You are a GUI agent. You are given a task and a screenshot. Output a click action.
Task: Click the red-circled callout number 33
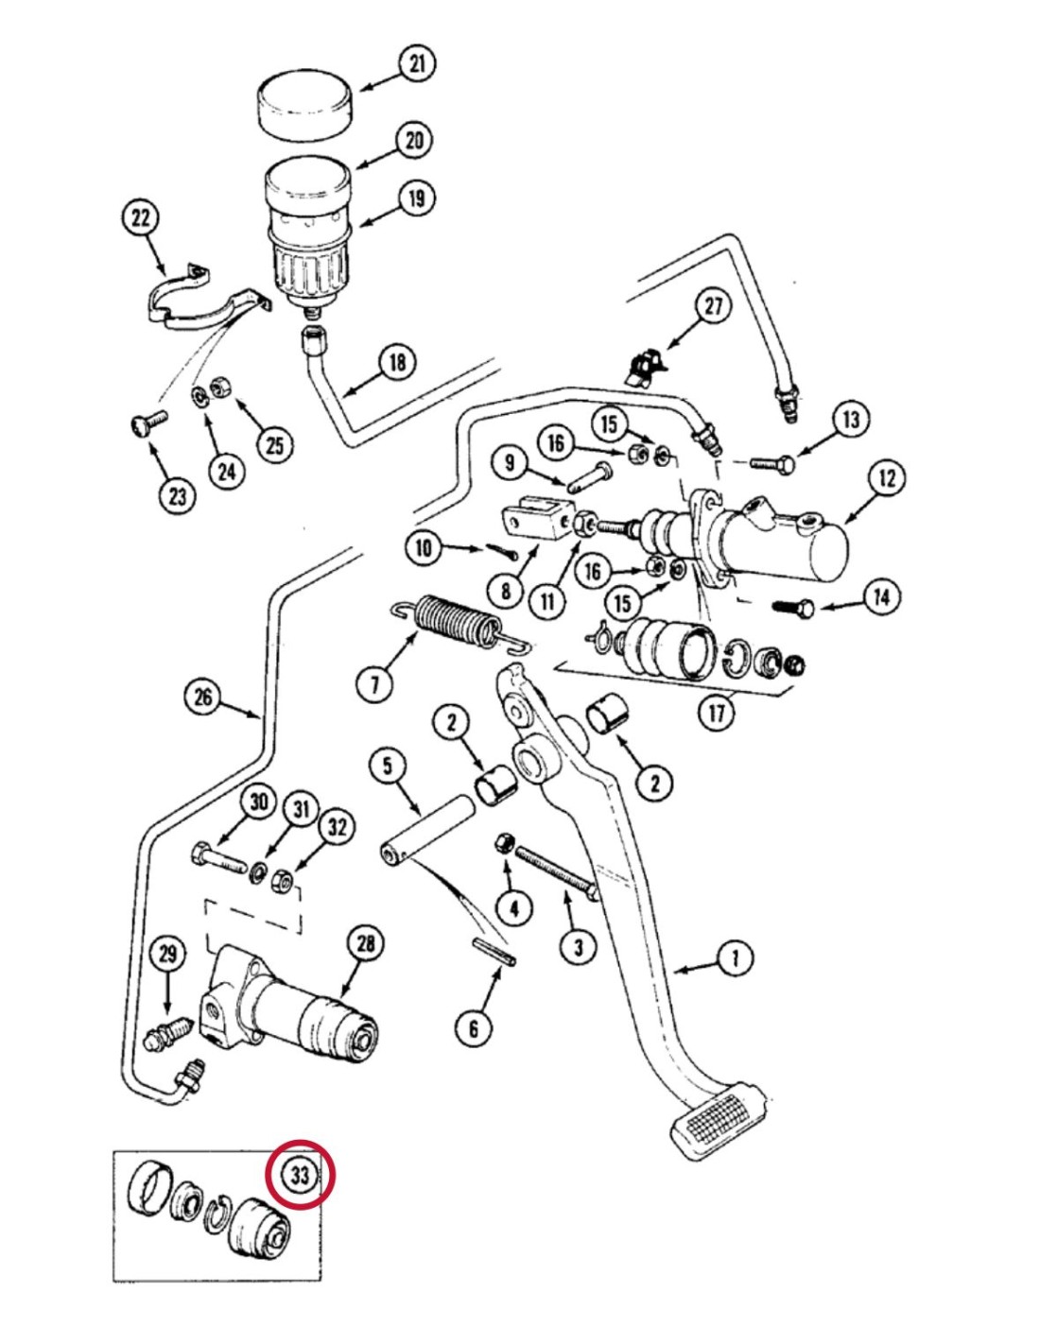coord(300,1177)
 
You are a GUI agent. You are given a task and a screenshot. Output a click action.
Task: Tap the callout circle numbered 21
coord(416,64)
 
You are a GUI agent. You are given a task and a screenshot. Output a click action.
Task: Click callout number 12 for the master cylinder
coord(886,478)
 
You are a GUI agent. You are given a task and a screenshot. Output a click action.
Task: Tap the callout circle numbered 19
coord(417,198)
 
